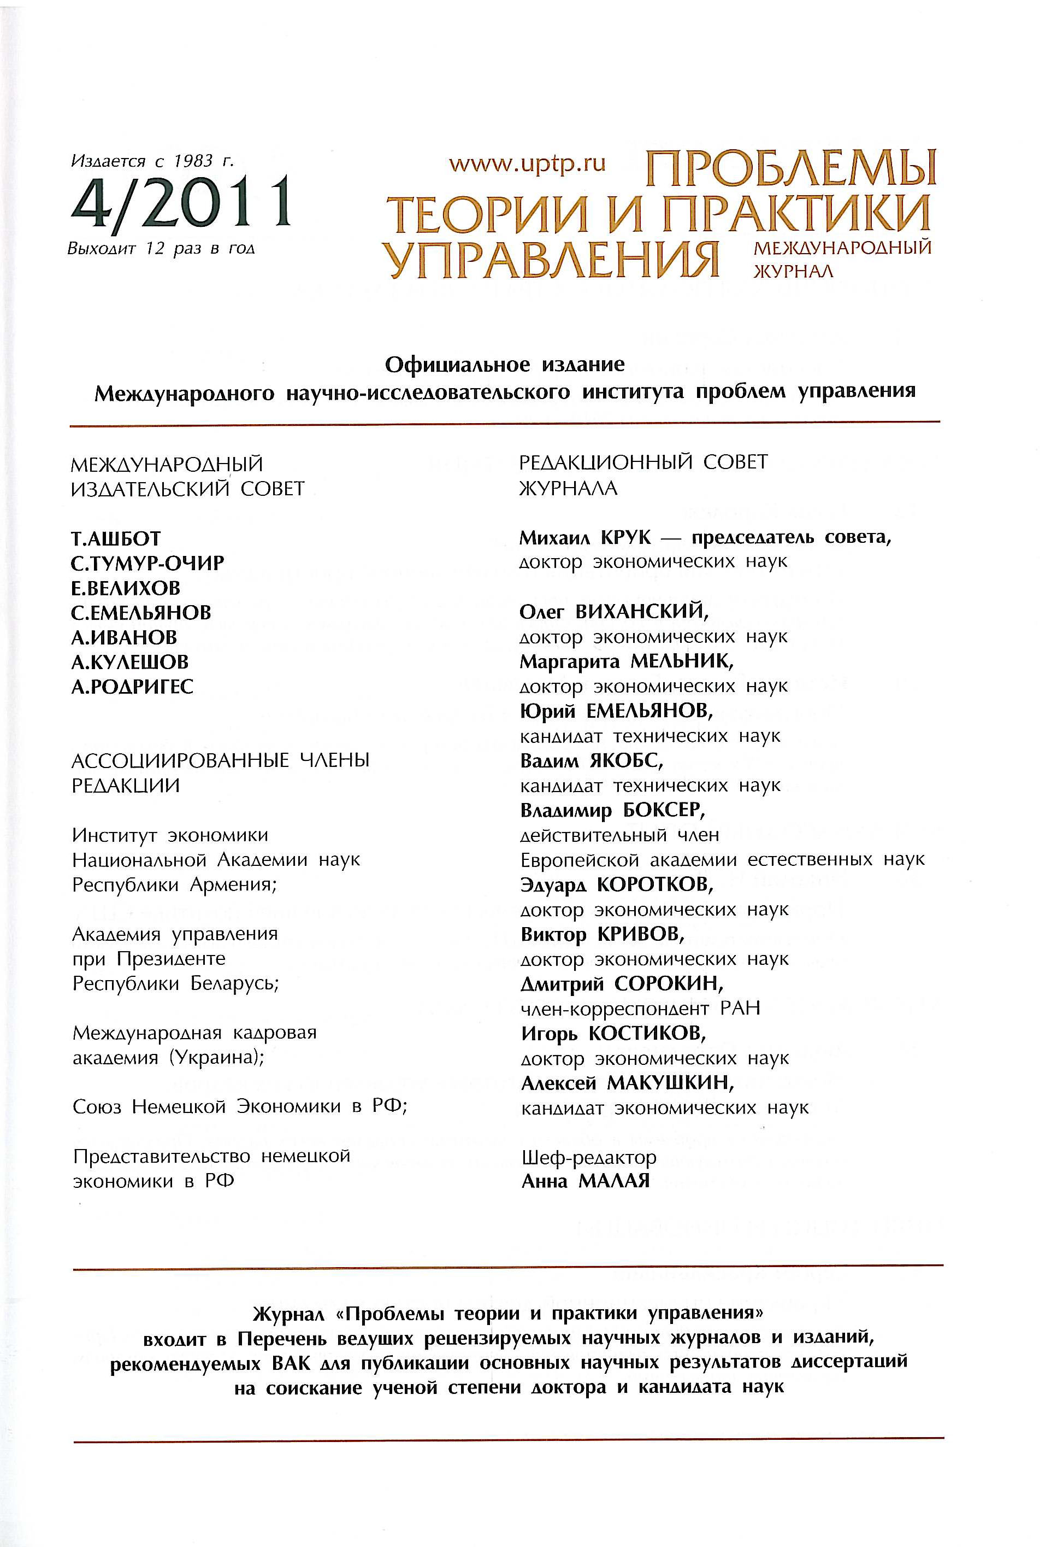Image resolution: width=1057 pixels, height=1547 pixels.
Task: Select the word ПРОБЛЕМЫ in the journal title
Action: [x=790, y=169]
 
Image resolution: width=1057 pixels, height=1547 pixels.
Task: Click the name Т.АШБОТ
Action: [x=116, y=538]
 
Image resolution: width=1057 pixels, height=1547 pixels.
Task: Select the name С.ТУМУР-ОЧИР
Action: [x=147, y=563]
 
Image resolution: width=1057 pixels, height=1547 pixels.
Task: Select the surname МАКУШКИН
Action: [x=670, y=1083]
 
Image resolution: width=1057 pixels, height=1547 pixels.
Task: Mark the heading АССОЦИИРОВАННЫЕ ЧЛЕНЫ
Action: [x=220, y=760]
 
